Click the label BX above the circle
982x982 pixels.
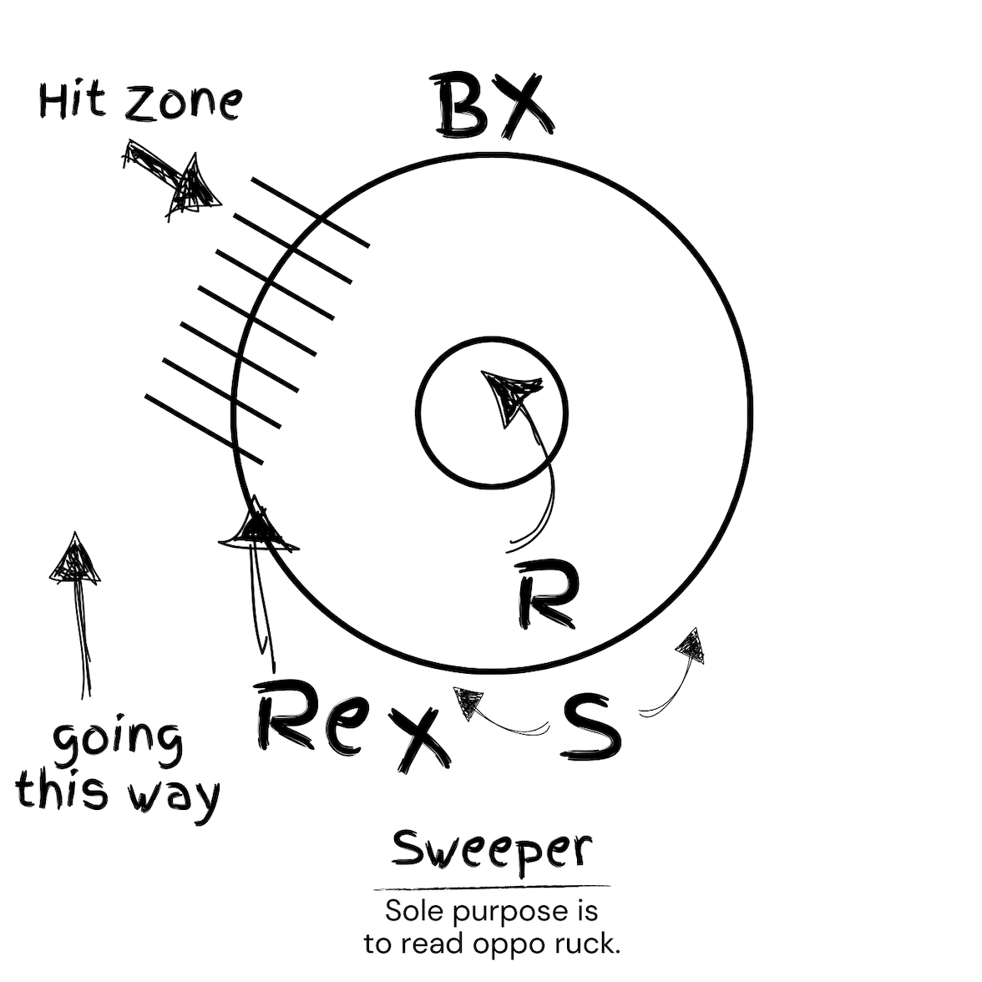point(493,106)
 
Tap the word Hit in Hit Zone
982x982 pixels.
point(73,101)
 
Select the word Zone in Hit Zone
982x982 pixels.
point(183,101)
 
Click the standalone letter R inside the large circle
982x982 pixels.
point(545,594)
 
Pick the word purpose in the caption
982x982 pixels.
point(500,912)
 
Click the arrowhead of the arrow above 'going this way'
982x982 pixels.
point(75,560)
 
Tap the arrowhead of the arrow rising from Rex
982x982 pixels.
point(256,529)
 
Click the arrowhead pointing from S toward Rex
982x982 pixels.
point(468,701)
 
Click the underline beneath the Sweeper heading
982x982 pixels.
point(492,888)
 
